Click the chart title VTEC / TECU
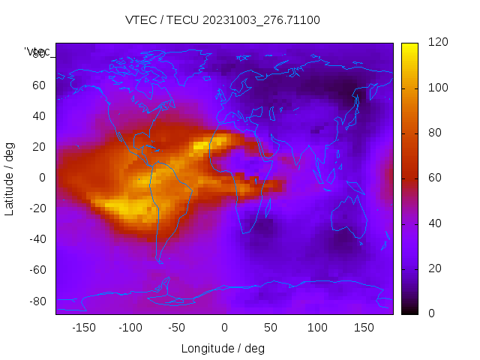(223, 20)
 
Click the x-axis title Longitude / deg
(223, 348)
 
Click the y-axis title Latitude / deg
(10, 178)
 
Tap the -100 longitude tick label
(130, 328)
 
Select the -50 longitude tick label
(177, 328)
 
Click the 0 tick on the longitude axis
(224, 328)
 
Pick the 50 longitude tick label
(271, 328)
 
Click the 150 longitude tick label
(364, 328)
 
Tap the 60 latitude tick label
(39, 85)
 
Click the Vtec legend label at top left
(37, 52)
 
